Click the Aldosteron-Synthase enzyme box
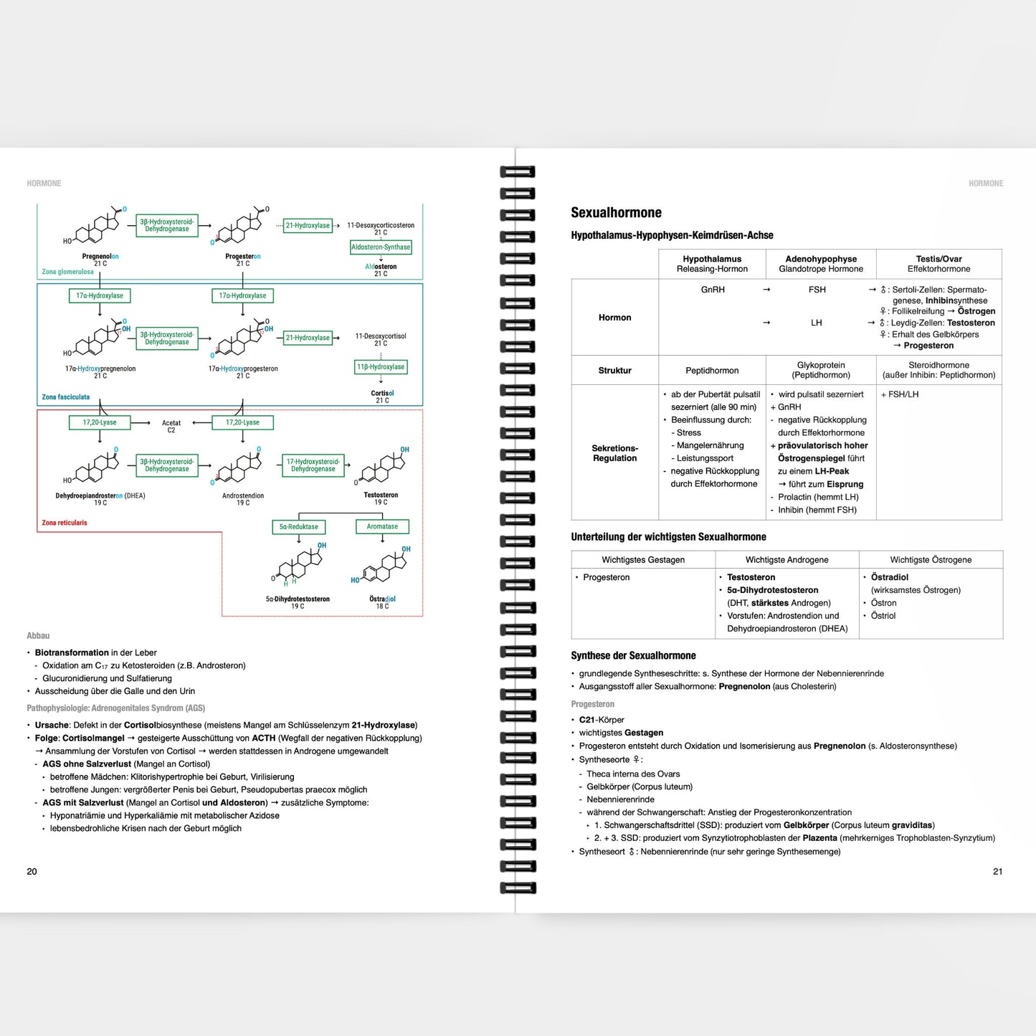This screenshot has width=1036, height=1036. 381,247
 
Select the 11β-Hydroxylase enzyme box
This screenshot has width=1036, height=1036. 381,367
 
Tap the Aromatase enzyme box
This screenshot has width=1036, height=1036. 382,526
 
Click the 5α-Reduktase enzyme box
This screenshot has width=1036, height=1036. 298,527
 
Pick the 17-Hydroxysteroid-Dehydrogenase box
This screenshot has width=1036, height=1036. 313,465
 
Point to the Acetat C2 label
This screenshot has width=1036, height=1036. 171,427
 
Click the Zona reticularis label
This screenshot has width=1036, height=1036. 65,523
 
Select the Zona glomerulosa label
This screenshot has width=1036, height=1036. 67,272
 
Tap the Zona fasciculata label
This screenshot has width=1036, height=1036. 66,396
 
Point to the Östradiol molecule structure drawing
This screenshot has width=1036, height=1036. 386,567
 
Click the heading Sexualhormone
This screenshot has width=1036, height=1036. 616,213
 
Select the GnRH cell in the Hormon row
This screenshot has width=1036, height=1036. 713,290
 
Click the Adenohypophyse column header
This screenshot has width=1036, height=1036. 821,264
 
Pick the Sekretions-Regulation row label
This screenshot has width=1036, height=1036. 614,453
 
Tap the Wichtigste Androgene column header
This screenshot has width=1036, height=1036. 786,560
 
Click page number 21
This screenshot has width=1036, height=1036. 997,872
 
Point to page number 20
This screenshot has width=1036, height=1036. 32,872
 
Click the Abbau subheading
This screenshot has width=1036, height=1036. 38,636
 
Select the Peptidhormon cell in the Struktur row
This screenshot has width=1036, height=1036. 712,371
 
